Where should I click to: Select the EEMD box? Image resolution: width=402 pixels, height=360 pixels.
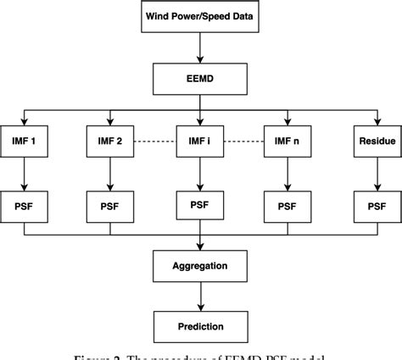click(x=201, y=80)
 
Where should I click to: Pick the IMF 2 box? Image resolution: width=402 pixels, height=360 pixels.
click(x=113, y=141)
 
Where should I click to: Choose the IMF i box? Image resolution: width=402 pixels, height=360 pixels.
click(x=201, y=141)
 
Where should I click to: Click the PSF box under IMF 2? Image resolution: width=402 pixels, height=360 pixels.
click(x=113, y=204)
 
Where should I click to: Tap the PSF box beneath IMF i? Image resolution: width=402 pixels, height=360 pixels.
click(x=201, y=203)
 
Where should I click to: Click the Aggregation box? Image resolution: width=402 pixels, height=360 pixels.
click(x=201, y=265)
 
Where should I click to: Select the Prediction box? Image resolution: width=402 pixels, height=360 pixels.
click(x=201, y=326)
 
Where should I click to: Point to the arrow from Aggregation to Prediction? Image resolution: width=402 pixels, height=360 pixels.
click(x=201, y=296)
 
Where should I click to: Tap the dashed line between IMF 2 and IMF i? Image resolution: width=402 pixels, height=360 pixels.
click(x=156, y=141)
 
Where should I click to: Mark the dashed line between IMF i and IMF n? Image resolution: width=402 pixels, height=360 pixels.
click(x=245, y=141)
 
